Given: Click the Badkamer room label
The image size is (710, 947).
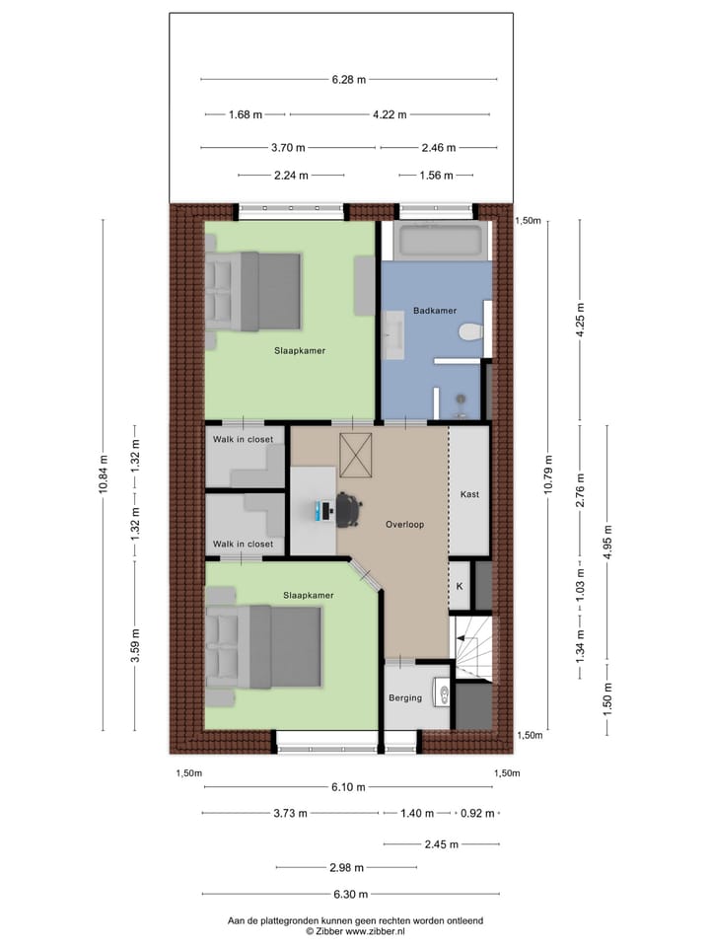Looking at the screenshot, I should pyautogui.click(x=435, y=311).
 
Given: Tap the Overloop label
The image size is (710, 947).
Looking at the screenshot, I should pyautogui.click(x=404, y=525).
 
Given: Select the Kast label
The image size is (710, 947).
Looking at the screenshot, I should pyautogui.click(x=469, y=494).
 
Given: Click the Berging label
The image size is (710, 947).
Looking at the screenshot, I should pyautogui.click(x=405, y=697).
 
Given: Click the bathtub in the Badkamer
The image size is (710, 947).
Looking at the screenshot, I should pyautogui.click(x=440, y=239).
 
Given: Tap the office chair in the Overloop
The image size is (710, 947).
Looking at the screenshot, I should pyautogui.click(x=346, y=507).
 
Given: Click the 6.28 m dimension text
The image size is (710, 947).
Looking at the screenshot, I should pyautogui.click(x=348, y=79).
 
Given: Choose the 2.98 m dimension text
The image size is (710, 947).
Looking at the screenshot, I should pyautogui.click(x=345, y=868).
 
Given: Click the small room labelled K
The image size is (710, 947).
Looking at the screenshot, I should pyautogui.click(x=459, y=586).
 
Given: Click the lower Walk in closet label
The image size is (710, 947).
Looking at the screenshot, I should pyautogui.click(x=243, y=544).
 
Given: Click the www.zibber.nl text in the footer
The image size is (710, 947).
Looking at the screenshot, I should pyautogui.click(x=374, y=930).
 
